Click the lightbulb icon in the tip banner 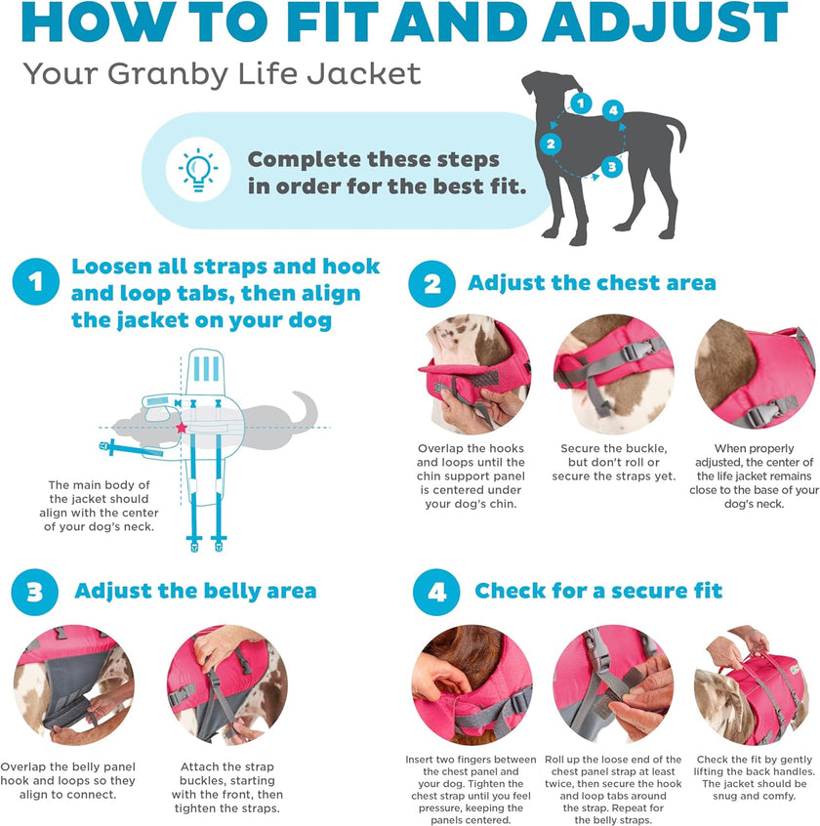198,170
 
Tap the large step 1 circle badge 36,282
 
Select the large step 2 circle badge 431,283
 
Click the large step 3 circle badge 36,592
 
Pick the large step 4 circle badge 436,592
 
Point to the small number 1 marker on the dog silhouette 581,103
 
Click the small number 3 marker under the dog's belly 611,167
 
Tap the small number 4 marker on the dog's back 613,111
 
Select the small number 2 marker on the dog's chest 551,145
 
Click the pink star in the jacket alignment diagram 181,428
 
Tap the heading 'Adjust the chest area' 592,283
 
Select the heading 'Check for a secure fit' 598,591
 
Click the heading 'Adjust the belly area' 195,591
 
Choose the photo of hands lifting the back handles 749,684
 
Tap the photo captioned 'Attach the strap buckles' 226,684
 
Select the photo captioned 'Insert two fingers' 471,684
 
